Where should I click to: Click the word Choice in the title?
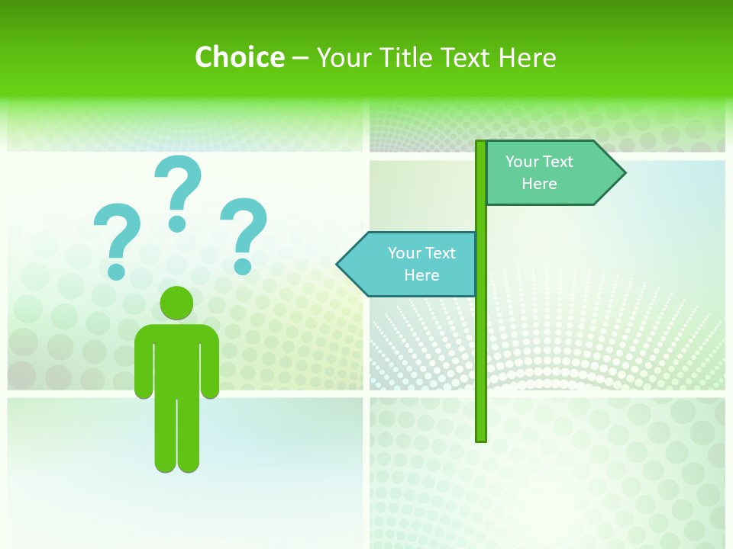[239, 57]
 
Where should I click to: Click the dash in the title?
[300, 58]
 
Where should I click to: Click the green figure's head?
[176, 303]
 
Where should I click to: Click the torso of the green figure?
[176, 358]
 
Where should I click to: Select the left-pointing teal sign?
[412, 264]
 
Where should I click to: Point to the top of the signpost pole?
[481, 144]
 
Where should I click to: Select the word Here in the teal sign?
[421, 275]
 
